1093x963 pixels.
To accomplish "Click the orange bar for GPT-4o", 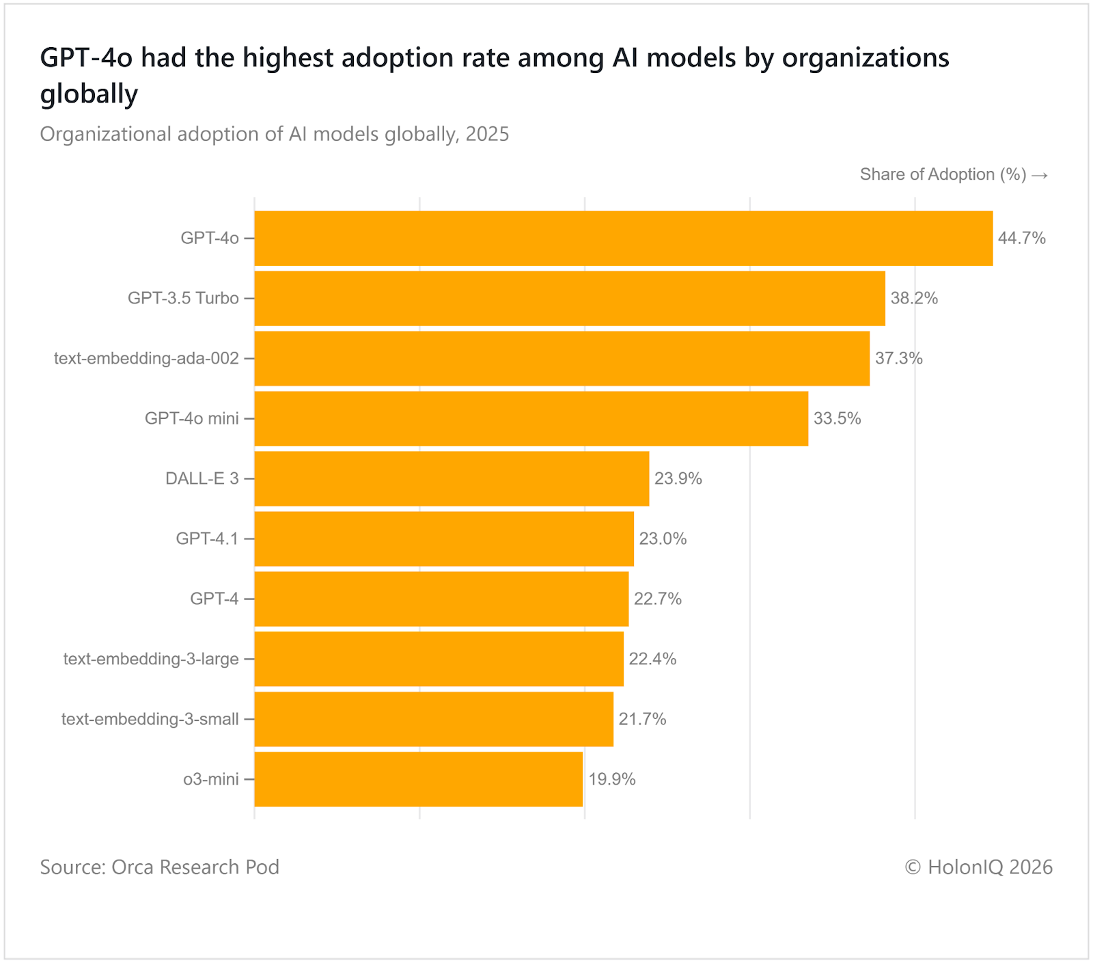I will (x=623, y=238).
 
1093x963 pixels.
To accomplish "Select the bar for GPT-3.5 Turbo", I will (x=570, y=298).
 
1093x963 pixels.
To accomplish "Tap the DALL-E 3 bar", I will (x=452, y=478).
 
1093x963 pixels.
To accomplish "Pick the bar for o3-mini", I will (x=418, y=779).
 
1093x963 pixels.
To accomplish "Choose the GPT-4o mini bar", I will (x=531, y=418).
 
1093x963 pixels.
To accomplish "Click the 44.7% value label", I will (x=1021, y=238).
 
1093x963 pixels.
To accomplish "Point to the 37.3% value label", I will (x=898, y=358).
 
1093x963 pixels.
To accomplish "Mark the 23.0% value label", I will (x=663, y=539).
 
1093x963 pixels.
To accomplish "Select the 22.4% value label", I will (x=652, y=659).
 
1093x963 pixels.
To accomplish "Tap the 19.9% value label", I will (x=611, y=779).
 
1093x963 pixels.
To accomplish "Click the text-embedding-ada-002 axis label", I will (x=146, y=358).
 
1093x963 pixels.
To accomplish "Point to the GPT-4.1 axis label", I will (x=207, y=539).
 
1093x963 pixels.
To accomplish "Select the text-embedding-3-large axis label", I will (x=151, y=659).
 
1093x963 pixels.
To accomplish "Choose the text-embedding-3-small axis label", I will (x=150, y=719).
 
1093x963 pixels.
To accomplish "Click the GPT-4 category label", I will (x=215, y=599).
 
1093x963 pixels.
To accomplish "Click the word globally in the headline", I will (x=89, y=94).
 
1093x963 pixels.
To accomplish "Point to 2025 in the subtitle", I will (x=487, y=134).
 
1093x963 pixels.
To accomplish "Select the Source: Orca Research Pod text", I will (x=160, y=867).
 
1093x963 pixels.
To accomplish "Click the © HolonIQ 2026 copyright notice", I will (x=978, y=867).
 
